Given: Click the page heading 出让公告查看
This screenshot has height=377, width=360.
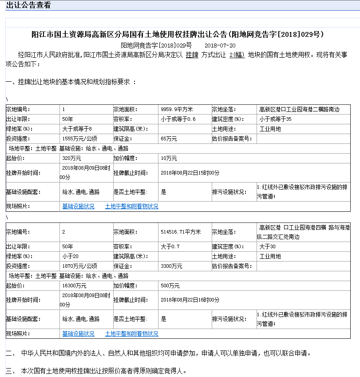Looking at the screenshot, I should click(28, 5).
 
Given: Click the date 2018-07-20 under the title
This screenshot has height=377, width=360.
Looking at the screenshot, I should click(220, 45).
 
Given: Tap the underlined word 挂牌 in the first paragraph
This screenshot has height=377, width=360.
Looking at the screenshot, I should click(192, 55).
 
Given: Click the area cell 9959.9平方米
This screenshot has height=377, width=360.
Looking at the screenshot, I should click(177, 109).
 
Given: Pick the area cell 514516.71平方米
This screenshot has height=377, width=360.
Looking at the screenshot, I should click(181, 232).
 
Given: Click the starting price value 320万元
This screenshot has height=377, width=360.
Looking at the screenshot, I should click(71, 159).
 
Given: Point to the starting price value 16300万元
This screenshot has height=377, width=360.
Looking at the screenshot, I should click(74, 286).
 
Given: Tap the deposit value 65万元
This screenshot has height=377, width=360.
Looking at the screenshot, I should click(169, 139).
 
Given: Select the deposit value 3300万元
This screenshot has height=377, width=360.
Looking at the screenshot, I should click(171, 266).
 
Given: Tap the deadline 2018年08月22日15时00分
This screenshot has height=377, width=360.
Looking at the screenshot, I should click(190, 173).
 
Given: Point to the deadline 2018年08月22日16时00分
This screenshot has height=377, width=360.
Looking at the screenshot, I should click(190, 300).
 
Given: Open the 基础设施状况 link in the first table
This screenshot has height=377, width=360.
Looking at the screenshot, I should click(78, 206).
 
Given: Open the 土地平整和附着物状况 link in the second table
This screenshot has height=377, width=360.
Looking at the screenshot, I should click(131, 333).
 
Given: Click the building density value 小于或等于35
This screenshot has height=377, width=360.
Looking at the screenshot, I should click(275, 119).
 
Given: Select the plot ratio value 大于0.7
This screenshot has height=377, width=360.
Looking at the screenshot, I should click(170, 246).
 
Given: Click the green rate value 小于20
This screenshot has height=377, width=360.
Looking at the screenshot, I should click(70, 256).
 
